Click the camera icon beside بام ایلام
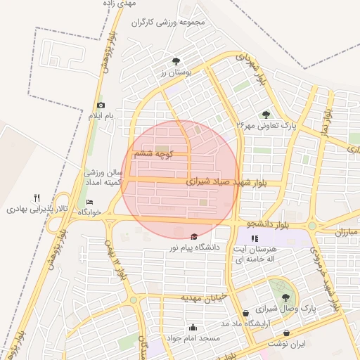coord(101,105)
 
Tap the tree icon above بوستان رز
coord(175,61)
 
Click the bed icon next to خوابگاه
coord(89,202)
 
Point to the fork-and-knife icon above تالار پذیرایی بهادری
coord(37,198)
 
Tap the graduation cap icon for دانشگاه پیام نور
coord(194,236)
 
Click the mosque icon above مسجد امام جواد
coord(193,327)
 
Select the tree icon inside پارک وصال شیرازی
coord(285,298)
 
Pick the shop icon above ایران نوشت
coord(286,333)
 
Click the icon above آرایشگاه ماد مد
coord(245,314)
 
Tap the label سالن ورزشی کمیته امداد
coord(104,176)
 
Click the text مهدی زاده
coord(158,4)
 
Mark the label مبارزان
coord(347,231)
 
